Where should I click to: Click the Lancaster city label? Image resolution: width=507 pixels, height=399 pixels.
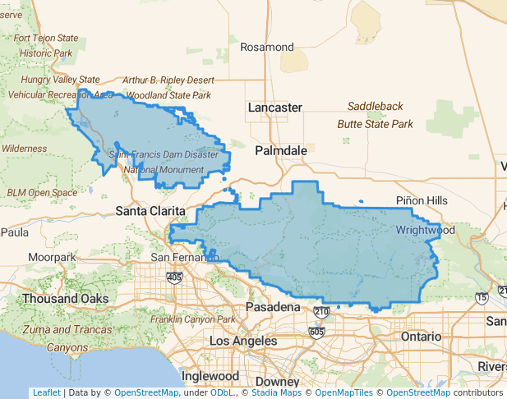tap(275, 108)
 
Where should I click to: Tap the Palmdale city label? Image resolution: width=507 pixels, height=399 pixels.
tap(280, 151)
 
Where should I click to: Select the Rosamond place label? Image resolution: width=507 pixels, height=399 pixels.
tap(266, 47)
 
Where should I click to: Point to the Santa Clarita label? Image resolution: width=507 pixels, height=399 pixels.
tap(150, 211)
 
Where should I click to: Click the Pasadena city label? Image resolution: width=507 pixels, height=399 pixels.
tap(273, 307)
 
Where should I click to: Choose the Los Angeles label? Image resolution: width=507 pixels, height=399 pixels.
tap(243, 341)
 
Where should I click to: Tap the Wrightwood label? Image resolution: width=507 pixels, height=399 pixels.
tap(425, 231)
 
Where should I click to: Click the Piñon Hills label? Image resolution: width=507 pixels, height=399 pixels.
tap(422, 201)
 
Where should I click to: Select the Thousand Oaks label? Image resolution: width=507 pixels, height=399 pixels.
tap(65, 299)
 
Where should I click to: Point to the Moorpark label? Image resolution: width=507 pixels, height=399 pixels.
tap(51, 258)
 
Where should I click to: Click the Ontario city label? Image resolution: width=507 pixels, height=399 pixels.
tap(421, 337)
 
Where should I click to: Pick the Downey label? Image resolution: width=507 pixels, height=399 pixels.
tap(277, 382)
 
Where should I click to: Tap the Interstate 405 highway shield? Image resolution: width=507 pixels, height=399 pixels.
tap(174, 277)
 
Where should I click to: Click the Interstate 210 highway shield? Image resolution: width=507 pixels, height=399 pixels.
tap(320, 311)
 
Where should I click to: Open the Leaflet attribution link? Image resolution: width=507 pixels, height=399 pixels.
tap(46, 393)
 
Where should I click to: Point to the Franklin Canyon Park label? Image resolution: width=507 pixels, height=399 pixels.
tap(188, 319)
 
